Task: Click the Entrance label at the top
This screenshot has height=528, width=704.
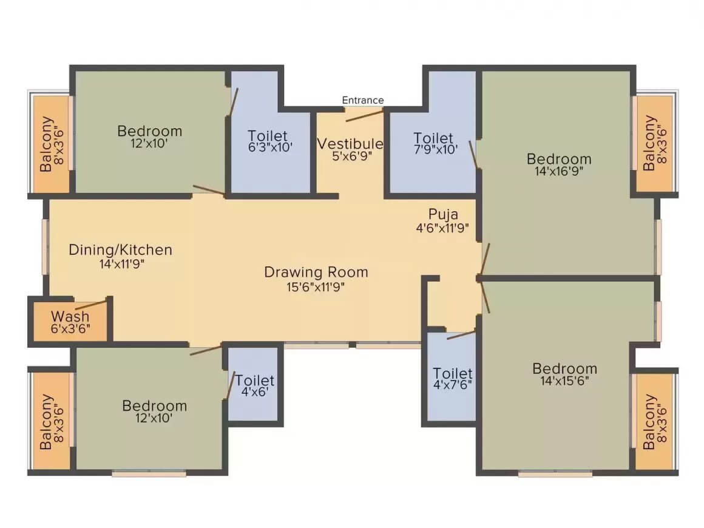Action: coord(363,100)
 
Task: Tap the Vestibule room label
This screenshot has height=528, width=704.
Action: coord(350,144)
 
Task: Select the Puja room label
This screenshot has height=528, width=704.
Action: coord(442,214)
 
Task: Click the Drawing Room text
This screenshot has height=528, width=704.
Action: coord(316,272)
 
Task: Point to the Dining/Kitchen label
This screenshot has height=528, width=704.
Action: coord(120,250)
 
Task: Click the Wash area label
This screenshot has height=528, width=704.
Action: coord(70,316)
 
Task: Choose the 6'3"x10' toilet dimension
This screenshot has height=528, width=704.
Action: coord(270,147)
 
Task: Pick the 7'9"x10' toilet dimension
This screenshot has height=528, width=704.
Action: coord(436,149)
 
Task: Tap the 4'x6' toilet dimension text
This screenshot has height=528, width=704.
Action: coord(254,392)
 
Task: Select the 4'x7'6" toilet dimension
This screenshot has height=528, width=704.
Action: coord(453,385)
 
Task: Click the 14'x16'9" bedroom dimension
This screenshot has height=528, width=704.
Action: coord(558,171)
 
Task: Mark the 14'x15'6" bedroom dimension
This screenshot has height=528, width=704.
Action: coord(564,381)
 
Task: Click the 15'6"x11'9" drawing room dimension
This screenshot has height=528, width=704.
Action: coord(316,287)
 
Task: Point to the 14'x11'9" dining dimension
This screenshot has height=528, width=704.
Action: coord(121,263)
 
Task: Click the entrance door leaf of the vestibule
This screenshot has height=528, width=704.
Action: coord(364,116)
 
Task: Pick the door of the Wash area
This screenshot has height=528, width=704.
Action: coord(91,304)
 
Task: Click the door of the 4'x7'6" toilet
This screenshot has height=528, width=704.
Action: coord(461,335)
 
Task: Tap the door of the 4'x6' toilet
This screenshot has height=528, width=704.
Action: coord(231,385)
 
